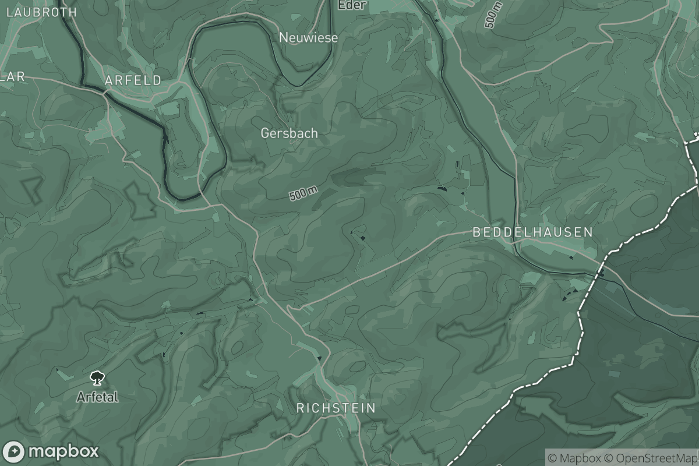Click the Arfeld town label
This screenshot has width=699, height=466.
tap(133, 81)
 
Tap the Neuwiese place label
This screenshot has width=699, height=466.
tap(308, 37)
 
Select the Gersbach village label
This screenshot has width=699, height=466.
tap(289, 133)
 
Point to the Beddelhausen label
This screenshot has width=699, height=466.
tap(532, 232)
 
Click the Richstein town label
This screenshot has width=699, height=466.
tap(336, 408)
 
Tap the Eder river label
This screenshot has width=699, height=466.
tap(352, 5)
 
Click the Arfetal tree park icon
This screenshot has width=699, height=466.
tap(97, 378)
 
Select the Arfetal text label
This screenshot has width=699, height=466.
tap(97, 397)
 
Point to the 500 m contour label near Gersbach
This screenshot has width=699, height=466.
tap(303, 193)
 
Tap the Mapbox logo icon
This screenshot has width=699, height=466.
tap(13, 451)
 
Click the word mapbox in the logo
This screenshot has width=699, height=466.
tap(63, 451)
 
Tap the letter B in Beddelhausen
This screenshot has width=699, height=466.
tap(476, 232)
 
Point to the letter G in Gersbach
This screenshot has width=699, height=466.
tap(265, 133)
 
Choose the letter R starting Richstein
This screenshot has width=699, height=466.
tap(301, 408)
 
